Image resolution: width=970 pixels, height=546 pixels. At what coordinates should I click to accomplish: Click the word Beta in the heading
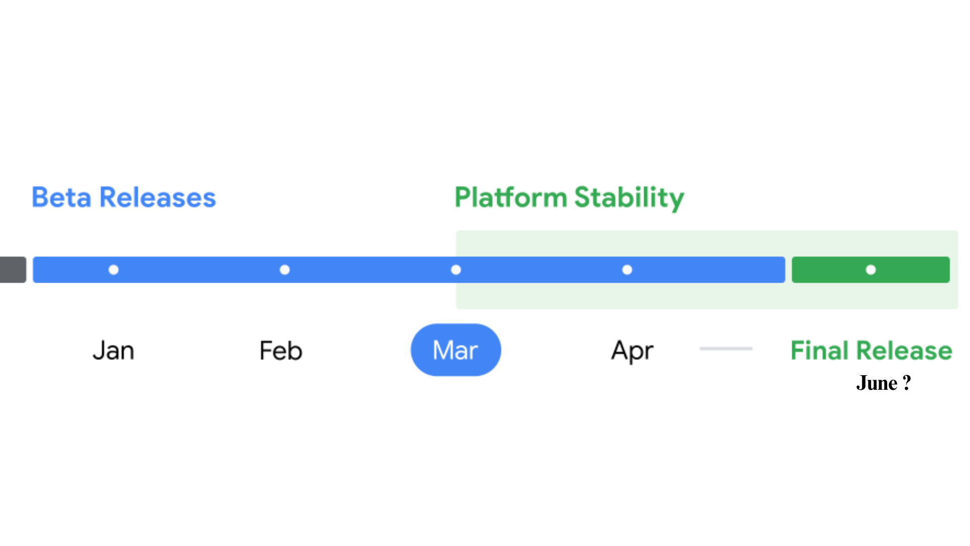(62, 197)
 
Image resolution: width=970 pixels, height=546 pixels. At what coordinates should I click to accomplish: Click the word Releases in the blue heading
(158, 197)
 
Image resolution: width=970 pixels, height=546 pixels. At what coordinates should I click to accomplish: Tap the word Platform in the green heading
(511, 197)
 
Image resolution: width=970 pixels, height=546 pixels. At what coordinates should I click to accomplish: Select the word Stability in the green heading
(629, 198)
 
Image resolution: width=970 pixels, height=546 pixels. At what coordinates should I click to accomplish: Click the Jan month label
(114, 350)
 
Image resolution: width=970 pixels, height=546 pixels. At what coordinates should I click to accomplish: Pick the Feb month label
(281, 350)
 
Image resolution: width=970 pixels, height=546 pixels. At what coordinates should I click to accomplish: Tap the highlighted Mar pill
(456, 350)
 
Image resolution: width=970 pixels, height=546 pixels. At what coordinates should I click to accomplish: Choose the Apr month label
(632, 351)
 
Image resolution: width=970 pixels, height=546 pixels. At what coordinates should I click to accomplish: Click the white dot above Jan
(114, 270)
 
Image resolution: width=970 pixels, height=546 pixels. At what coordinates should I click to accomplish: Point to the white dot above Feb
(285, 270)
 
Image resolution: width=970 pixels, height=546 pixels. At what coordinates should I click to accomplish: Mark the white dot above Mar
(456, 270)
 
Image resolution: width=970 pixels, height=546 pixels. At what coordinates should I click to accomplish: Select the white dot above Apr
(627, 270)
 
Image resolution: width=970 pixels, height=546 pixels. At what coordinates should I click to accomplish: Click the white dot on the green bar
(871, 270)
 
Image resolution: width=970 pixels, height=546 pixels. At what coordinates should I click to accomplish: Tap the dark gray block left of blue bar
(13, 269)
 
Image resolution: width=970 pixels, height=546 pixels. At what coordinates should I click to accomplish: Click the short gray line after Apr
(726, 348)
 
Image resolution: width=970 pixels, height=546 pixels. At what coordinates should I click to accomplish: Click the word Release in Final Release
(904, 350)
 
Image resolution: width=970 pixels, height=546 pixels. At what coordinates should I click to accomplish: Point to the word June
(877, 383)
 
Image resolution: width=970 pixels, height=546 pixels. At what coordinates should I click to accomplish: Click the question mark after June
(907, 383)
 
